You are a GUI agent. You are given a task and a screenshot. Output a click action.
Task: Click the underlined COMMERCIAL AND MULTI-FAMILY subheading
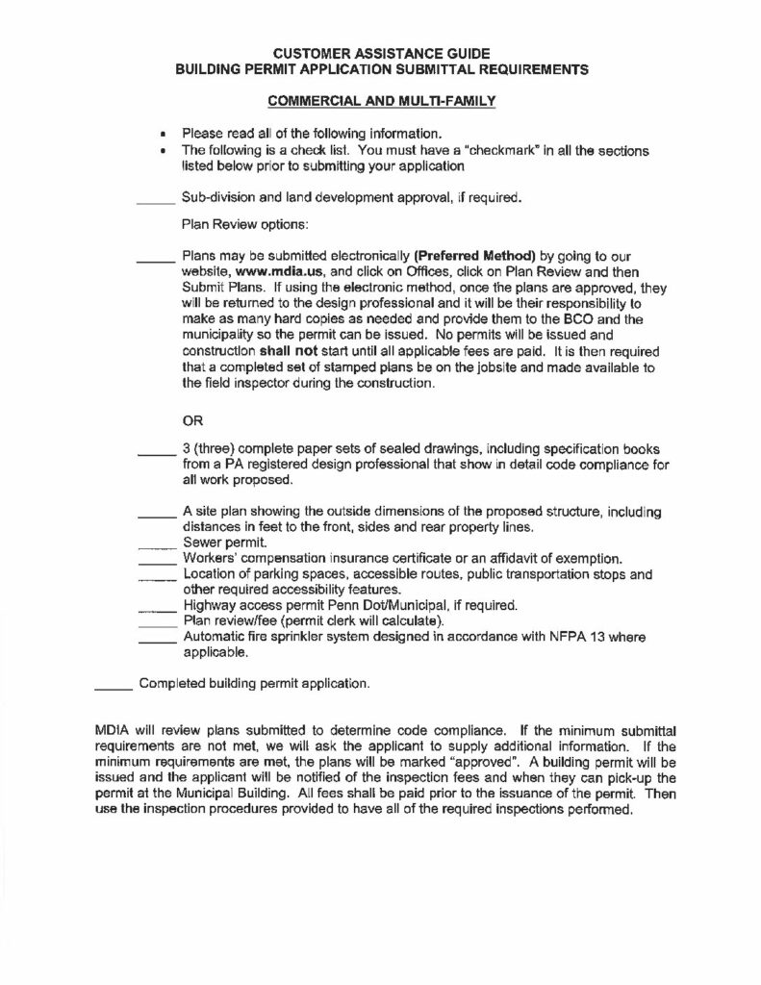pyautogui.click(x=380, y=100)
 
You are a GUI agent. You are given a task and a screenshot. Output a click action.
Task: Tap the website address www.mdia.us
pyautogui.click(x=269, y=272)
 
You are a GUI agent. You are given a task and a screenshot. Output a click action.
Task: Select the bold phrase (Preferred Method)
pyautogui.click(x=473, y=257)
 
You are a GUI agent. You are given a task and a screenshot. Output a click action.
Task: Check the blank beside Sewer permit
pyautogui.click(x=159, y=544)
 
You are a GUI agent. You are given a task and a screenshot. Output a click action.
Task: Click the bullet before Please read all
pyautogui.click(x=164, y=134)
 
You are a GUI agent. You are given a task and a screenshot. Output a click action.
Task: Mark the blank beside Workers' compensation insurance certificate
pyautogui.click(x=159, y=560)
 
